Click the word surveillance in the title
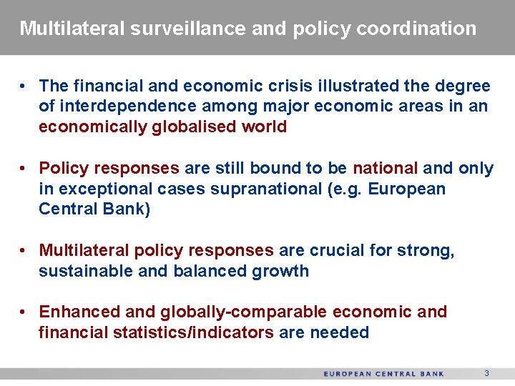(188, 29)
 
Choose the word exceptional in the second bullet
(103, 189)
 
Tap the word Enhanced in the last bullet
(79, 312)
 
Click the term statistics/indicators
(193, 333)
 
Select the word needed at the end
(340, 333)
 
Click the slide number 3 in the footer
(486, 374)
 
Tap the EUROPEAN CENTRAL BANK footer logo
(384, 374)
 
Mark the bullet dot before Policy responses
(24, 169)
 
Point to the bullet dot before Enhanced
(24, 312)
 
